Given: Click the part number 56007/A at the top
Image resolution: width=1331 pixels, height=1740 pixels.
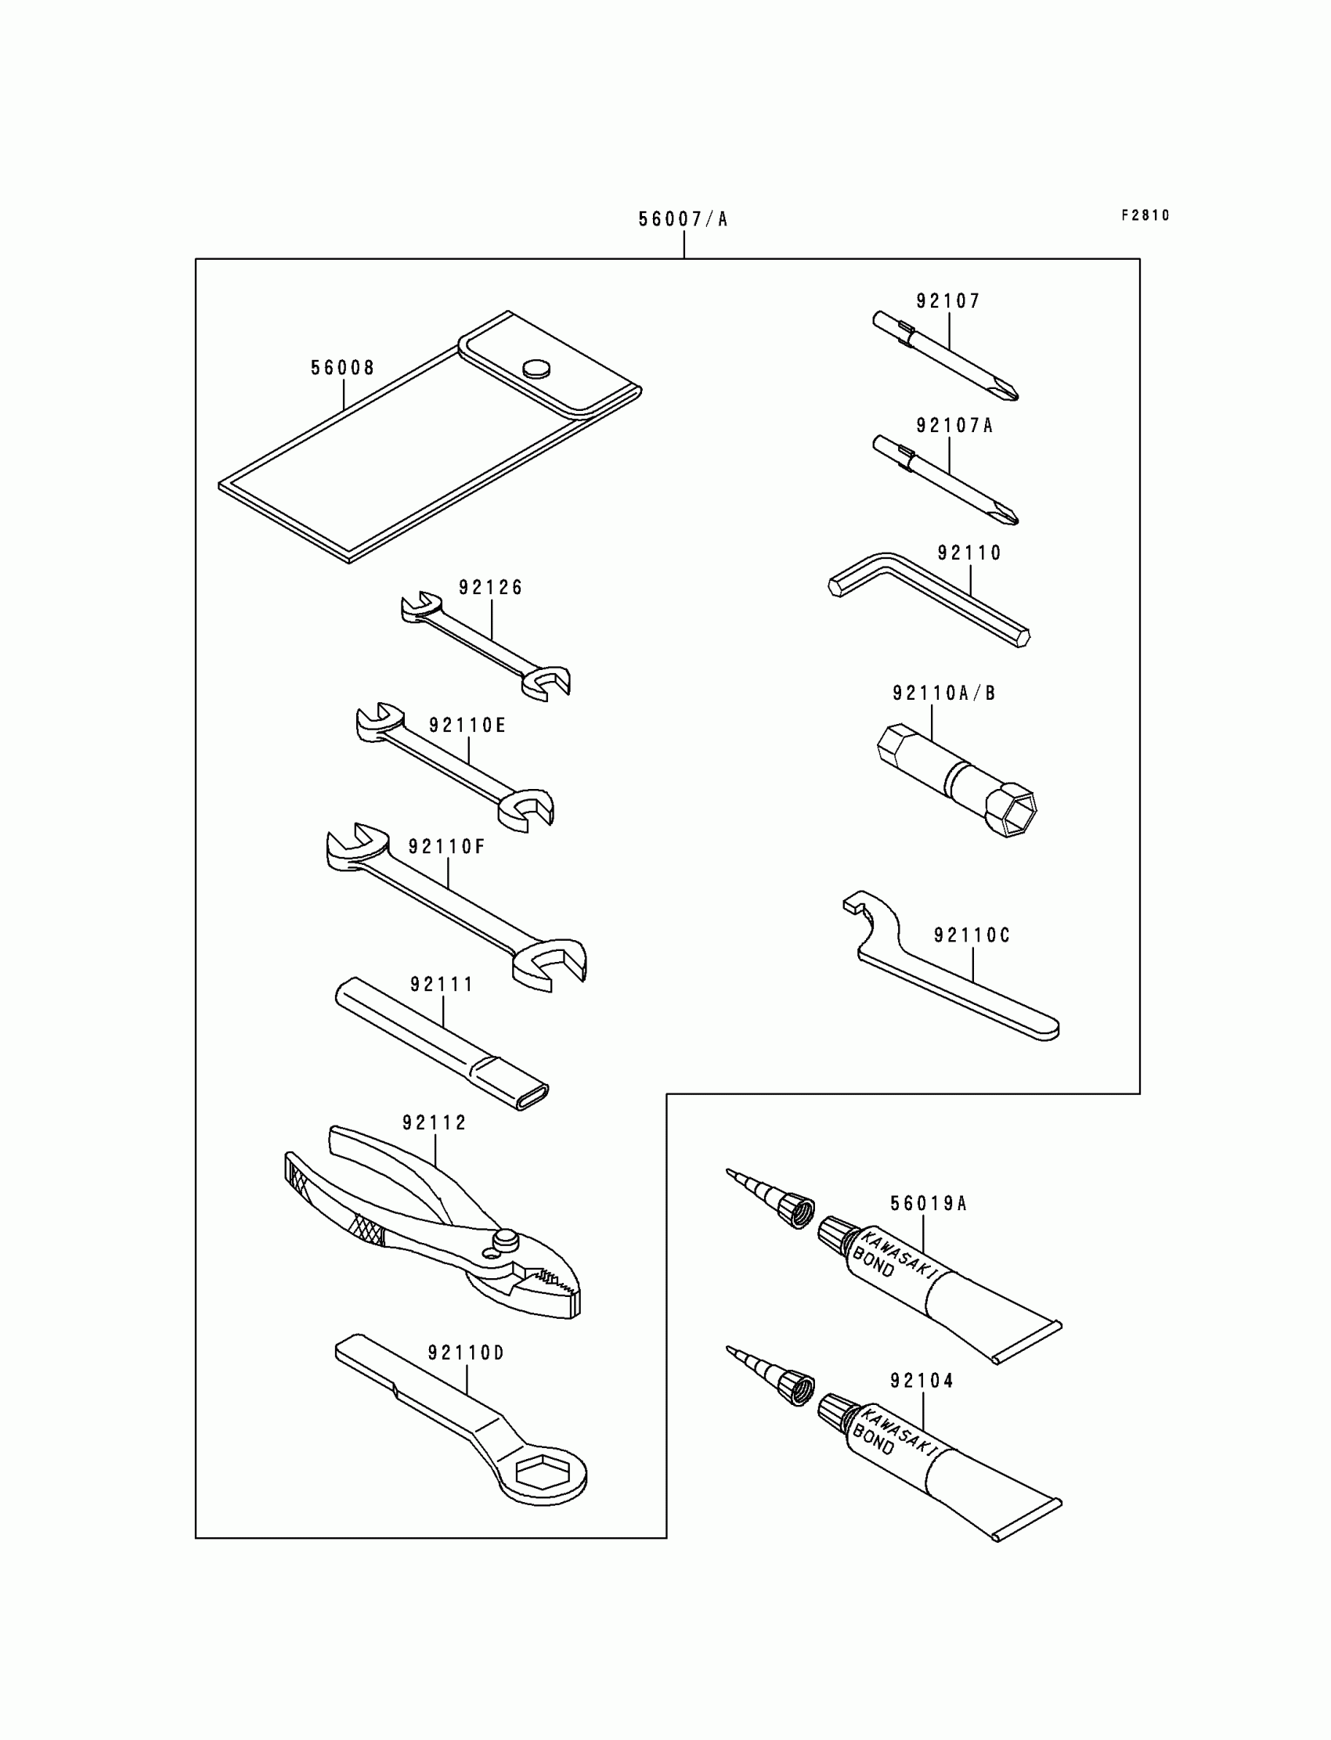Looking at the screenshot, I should tap(683, 219).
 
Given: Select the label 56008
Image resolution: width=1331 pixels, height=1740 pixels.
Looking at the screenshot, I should tap(342, 369).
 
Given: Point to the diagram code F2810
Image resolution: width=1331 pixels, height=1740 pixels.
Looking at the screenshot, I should tap(1145, 215).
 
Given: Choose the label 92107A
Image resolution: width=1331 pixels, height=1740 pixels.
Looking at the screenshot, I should tap(954, 426).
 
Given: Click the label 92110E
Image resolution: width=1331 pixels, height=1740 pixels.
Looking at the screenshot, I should tap(467, 726).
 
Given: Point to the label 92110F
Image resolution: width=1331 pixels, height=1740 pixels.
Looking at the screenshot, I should tap(446, 847).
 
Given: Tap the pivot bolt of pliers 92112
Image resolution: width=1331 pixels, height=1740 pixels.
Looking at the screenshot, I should tap(505, 1237).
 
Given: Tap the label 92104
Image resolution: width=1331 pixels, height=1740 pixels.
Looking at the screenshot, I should tap(922, 1381).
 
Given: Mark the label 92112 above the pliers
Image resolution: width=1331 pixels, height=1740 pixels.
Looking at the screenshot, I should tap(435, 1123).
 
